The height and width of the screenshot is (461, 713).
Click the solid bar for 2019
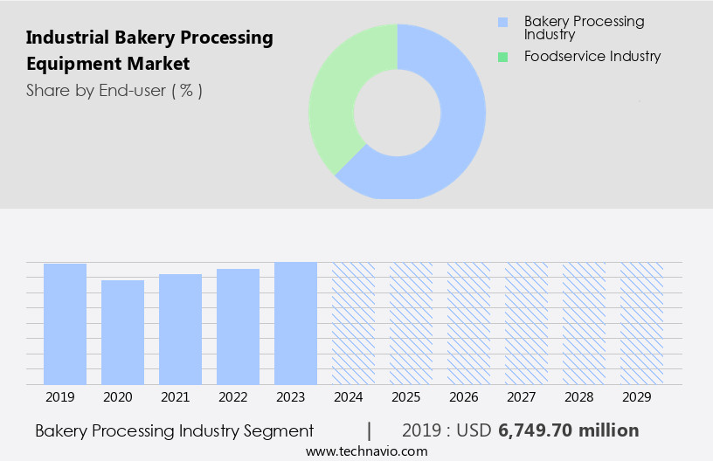tap(65, 324)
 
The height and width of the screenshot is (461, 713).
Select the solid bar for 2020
tap(122, 332)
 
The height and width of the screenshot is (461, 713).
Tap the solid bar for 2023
tap(295, 323)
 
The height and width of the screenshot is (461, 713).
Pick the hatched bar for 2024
tap(353, 323)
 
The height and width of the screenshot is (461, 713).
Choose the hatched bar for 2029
tap(641, 323)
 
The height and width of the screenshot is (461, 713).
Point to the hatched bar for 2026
tap(468, 323)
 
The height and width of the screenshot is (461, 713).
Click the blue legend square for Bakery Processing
tap(502, 22)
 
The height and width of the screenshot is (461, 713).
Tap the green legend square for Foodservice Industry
tap(502, 57)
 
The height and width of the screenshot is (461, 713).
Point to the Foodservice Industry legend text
tap(592, 57)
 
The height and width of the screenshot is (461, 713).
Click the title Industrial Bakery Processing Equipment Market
tap(149, 51)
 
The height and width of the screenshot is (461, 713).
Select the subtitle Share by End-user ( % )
tap(114, 90)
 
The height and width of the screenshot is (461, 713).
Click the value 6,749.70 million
tap(569, 430)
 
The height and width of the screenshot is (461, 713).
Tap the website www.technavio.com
tap(366, 451)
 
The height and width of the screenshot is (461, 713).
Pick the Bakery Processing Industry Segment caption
tap(174, 430)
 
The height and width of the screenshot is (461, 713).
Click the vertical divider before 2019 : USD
tap(370, 430)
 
